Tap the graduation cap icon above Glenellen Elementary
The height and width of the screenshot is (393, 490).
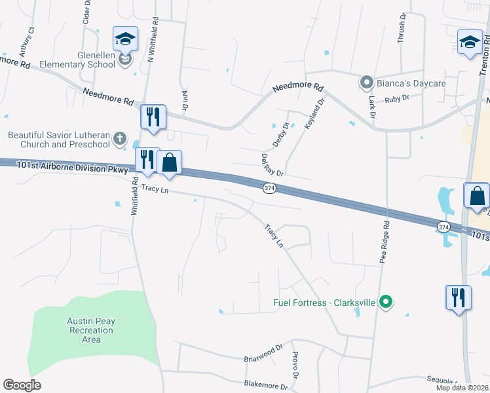pos(124,39)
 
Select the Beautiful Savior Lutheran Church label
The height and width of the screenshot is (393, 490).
pos(58,140)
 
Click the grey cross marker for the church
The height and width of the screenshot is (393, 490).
pos(119,139)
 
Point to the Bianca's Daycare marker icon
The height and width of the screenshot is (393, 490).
pos(366,83)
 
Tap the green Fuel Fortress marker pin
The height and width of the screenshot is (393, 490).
pos(386,303)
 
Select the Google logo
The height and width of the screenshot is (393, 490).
pos(22,385)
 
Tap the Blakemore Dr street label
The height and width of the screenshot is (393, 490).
pos(265,386)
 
